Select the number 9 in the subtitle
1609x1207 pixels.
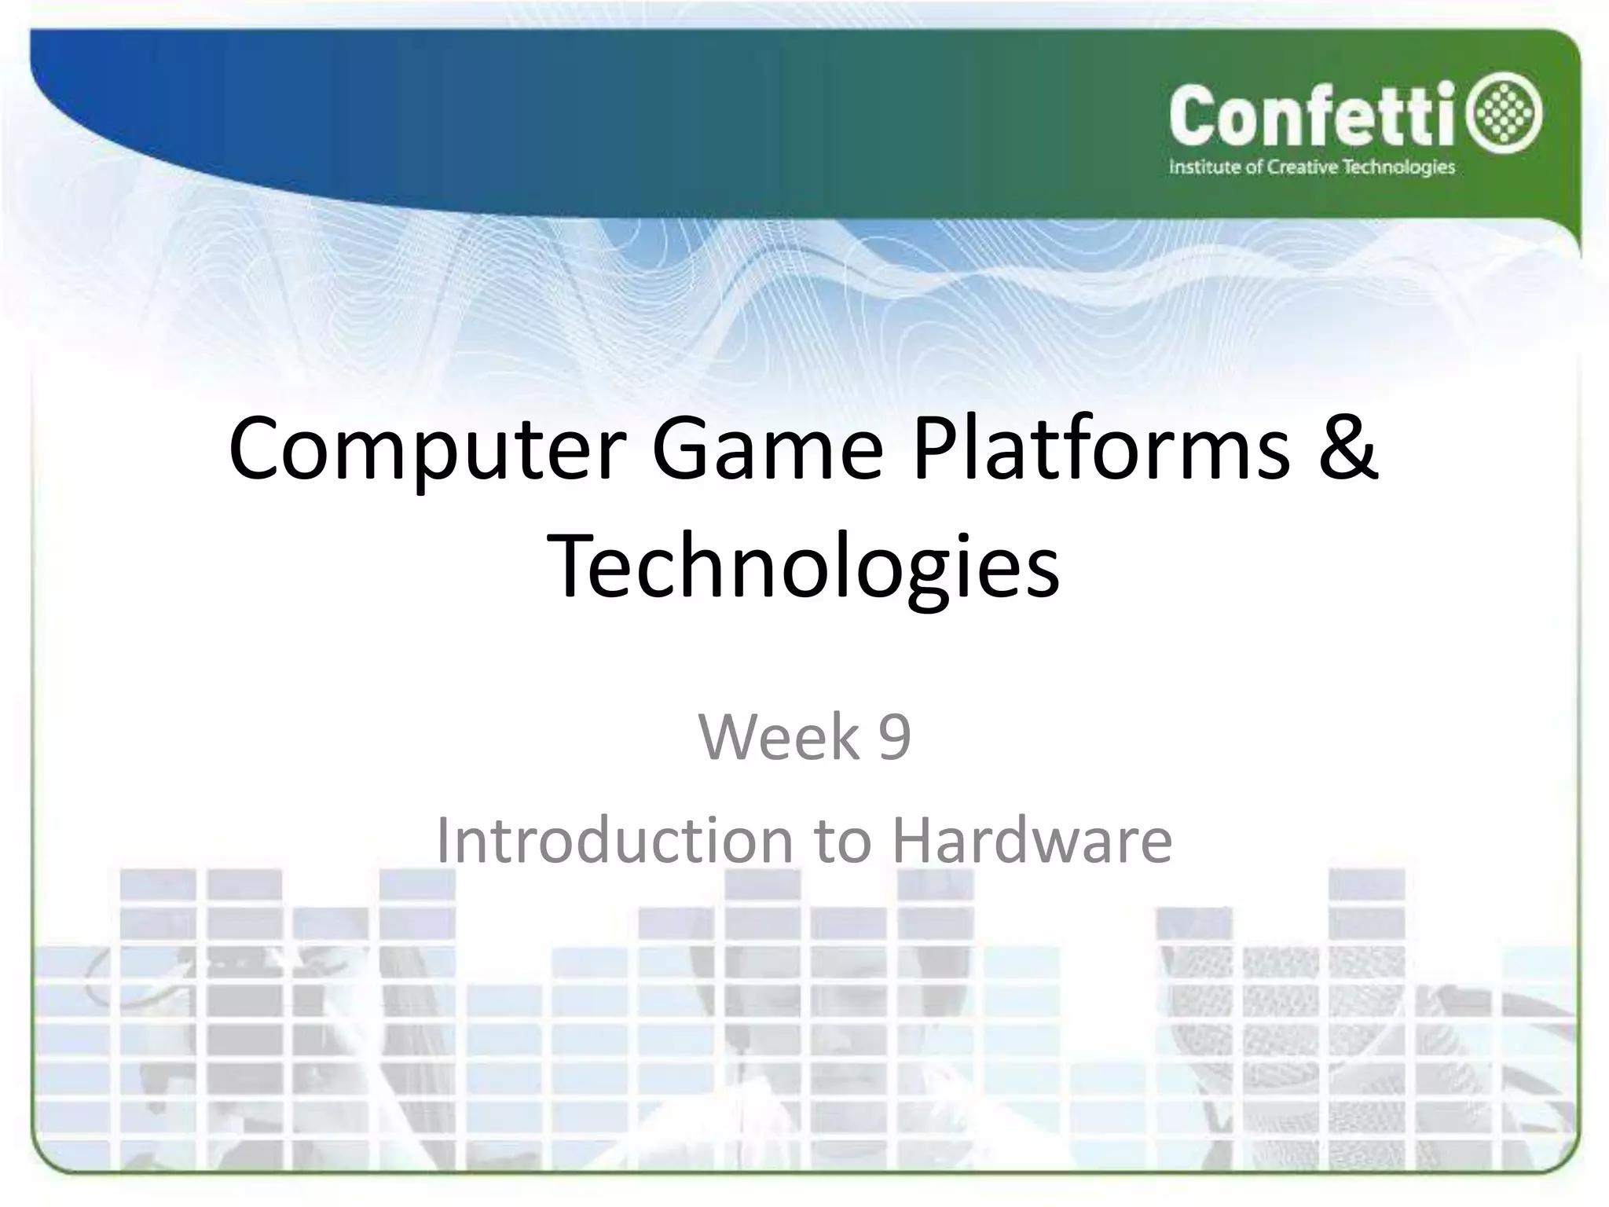click(x=894, y=737)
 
